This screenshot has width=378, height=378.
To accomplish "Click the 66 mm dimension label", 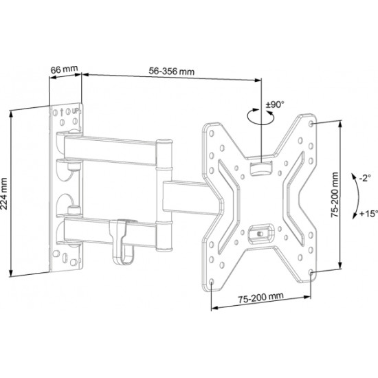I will (x=65, y=71).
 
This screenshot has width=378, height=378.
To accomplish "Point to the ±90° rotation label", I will (x=276, y=105).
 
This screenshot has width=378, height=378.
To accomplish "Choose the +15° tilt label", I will (x=364, y=214).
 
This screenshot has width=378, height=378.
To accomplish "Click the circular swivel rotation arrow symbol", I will (x=257, y=118).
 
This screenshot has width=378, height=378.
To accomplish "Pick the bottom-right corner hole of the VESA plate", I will (x=313, y=274).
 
